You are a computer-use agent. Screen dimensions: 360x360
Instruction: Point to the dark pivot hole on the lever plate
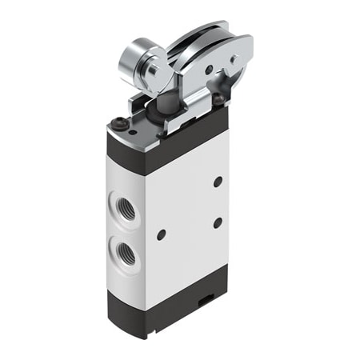tap(210, 70)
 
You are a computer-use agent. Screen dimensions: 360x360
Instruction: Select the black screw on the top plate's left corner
tap(121, 124)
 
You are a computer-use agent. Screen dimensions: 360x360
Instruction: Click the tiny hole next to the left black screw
tap(133, 128)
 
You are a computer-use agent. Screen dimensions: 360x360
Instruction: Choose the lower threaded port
tap(127, 256)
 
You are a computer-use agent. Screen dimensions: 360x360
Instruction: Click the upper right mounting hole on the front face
tap(218, 182)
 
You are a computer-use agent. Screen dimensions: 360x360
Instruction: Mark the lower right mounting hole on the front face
tap(217, 222)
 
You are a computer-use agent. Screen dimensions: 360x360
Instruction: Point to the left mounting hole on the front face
tap(161, 234)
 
